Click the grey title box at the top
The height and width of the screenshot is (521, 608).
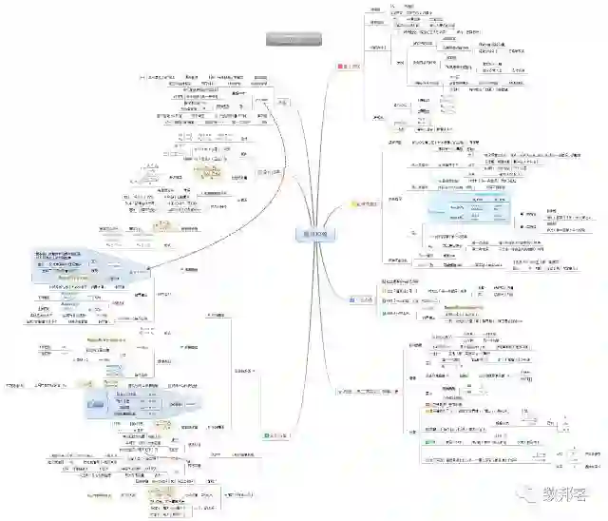pos(294,39)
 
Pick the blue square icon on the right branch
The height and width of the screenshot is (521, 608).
pos(352,299)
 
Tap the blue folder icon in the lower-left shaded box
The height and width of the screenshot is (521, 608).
pos(96,405)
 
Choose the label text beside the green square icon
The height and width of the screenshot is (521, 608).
pos(277,434)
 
